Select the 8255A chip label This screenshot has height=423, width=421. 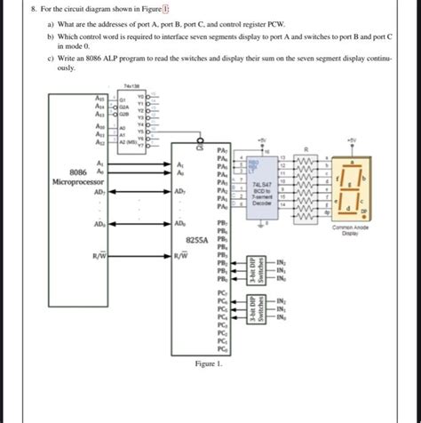[x=196, y=241]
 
